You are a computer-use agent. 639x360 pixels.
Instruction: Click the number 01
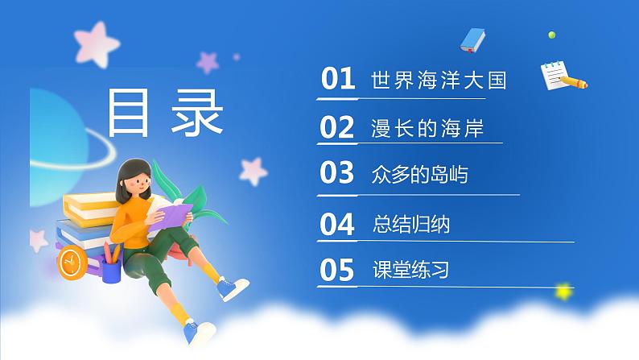(x=338, y=80)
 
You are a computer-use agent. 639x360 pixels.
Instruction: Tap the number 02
(x=337, y=127)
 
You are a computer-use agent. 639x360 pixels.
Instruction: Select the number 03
(x=337, y=174)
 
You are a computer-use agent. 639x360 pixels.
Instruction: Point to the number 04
(x=337, y=224)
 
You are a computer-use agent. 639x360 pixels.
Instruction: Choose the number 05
(x=337, y=271)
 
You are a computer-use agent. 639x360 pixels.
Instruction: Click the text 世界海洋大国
(x=439, y=81)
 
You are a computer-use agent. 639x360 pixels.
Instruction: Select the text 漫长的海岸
(x=427, y=128)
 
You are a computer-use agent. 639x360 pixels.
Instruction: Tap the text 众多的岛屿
(x=419, y=175)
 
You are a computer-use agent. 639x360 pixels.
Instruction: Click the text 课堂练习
(x=411, y=271)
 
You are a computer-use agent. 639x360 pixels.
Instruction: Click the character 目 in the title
(x=132, y=113)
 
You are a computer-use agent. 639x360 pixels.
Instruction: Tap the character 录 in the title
(x=196, y=113)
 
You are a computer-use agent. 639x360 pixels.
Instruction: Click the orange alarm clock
(x=72, y=261)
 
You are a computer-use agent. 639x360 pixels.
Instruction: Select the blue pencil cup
(x=112, y=267)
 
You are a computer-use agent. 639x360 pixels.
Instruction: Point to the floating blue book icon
(x=473, y=39)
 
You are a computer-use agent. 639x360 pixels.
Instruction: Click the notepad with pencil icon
(x=562, y=75)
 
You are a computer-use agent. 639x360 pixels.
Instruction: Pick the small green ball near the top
(x=551, y=35)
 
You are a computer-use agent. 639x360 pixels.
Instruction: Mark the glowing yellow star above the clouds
(x=564, y=290)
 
